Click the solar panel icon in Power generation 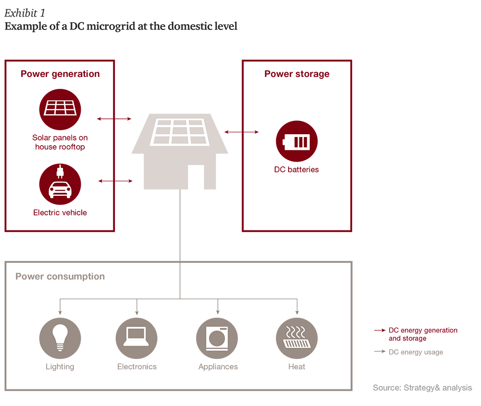(x=60, y=110)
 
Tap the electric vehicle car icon (x=60, y=185)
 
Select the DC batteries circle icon (x=296, y=141)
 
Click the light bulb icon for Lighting (x=60, y=338)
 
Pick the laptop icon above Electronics (x=137, y=338)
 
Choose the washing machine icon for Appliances (x=217, y=338)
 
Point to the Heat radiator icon (x=297, y=338)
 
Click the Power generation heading (x=60, y=74)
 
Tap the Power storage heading (x=297, y=74)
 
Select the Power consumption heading (x=60, y=276)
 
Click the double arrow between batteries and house (x=242, y=132)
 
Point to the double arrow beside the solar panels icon (x=114, y=119)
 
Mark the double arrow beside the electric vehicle (x=115, y=181)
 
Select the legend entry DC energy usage (x=415, y=352)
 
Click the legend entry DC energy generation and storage (x=423, y=334)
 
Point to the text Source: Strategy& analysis (x=422, y=388)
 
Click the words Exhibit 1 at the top (x=25, y=13)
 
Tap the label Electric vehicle (x=60, y=212)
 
